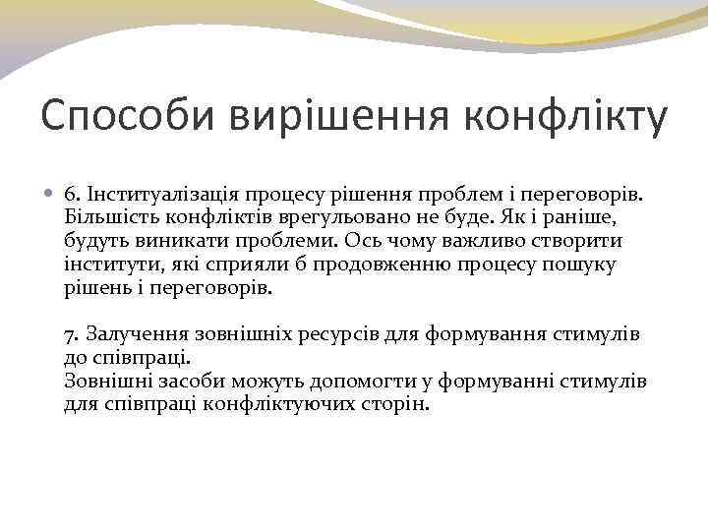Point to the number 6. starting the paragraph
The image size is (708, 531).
(72, 191)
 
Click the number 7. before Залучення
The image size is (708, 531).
(72, 334)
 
